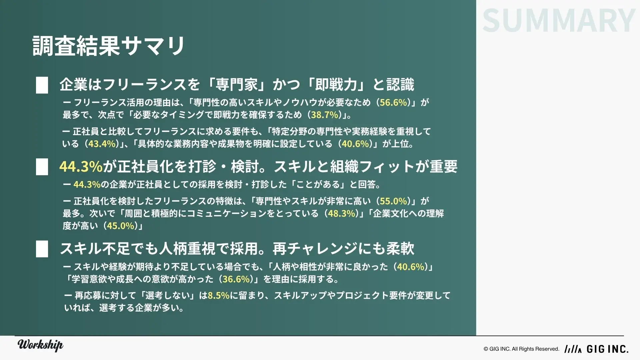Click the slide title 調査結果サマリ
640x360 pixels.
point(109,46)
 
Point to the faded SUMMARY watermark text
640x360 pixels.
point(559,20)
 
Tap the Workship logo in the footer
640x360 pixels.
point(40,345)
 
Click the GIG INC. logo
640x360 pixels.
point(596,349)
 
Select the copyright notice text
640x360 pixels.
point(521,349)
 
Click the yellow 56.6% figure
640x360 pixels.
point(393,102)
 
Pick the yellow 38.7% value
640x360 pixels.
point(325,115)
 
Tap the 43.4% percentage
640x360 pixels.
point(102,144)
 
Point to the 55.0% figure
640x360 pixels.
point(393,201)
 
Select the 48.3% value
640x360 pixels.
point(342,214)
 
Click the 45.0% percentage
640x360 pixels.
point(120,226)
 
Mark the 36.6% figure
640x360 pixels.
point(236,279)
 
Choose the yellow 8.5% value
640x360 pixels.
point(219,295)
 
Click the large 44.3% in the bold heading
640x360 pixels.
point(81,167)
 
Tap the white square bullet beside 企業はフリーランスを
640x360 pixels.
point(42,85)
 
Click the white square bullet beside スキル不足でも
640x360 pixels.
point(42,249)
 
